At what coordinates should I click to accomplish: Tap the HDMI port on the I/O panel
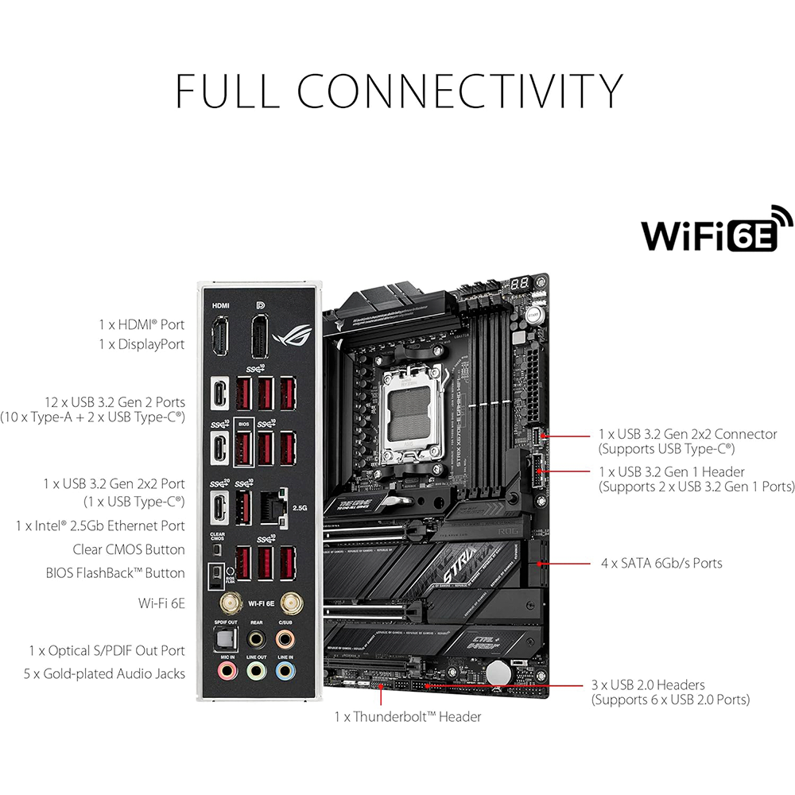pyautogui.click(x=219, y=337)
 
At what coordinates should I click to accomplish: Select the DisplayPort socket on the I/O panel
pyautogui.click(x=259, y=337)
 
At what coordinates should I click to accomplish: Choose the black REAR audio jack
pyautogui.click(x=255, y=638)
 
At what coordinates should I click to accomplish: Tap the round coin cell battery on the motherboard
pyautogui.click(x=498, y=673)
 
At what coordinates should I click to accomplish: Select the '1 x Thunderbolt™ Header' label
pyautogui.click(x=408, y=716)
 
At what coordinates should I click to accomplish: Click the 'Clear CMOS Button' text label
pyautogui.click(x=129, y=549)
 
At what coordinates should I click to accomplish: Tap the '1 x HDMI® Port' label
pyautogui.click(x=142, y=324)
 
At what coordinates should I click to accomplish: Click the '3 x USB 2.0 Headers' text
pyautogui.click(x=648, y=684)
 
